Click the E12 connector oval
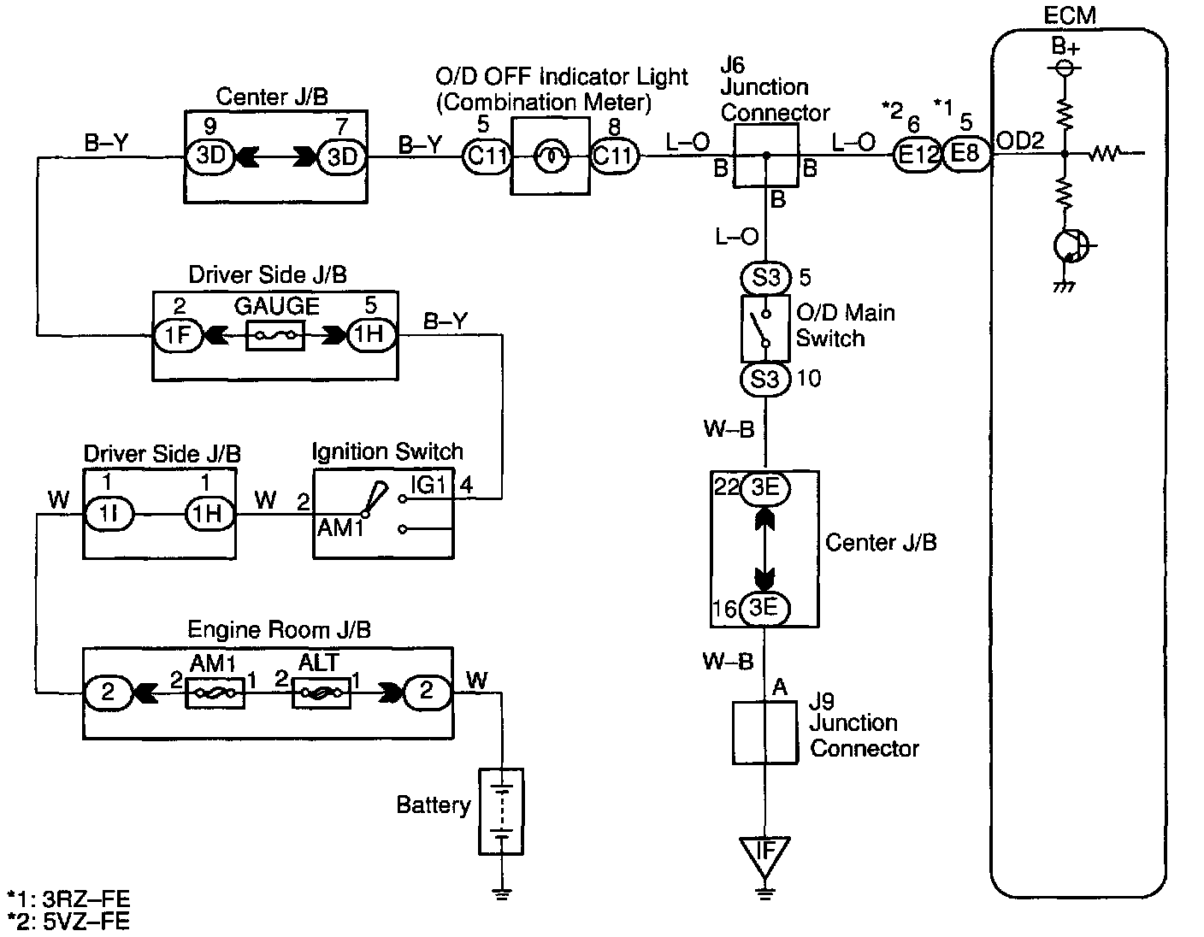917,155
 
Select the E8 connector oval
965,154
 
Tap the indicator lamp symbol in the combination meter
551,157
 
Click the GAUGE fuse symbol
274,336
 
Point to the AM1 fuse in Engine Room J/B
215,692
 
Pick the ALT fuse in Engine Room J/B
322,692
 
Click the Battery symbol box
501,812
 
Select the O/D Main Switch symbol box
765,328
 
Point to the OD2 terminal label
1019,141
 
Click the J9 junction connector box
765,734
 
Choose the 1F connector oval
177,335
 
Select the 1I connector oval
109,515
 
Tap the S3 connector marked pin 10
765,380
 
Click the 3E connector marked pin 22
765,488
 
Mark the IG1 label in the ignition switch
428,485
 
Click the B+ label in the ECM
1065,46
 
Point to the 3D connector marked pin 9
210,156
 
